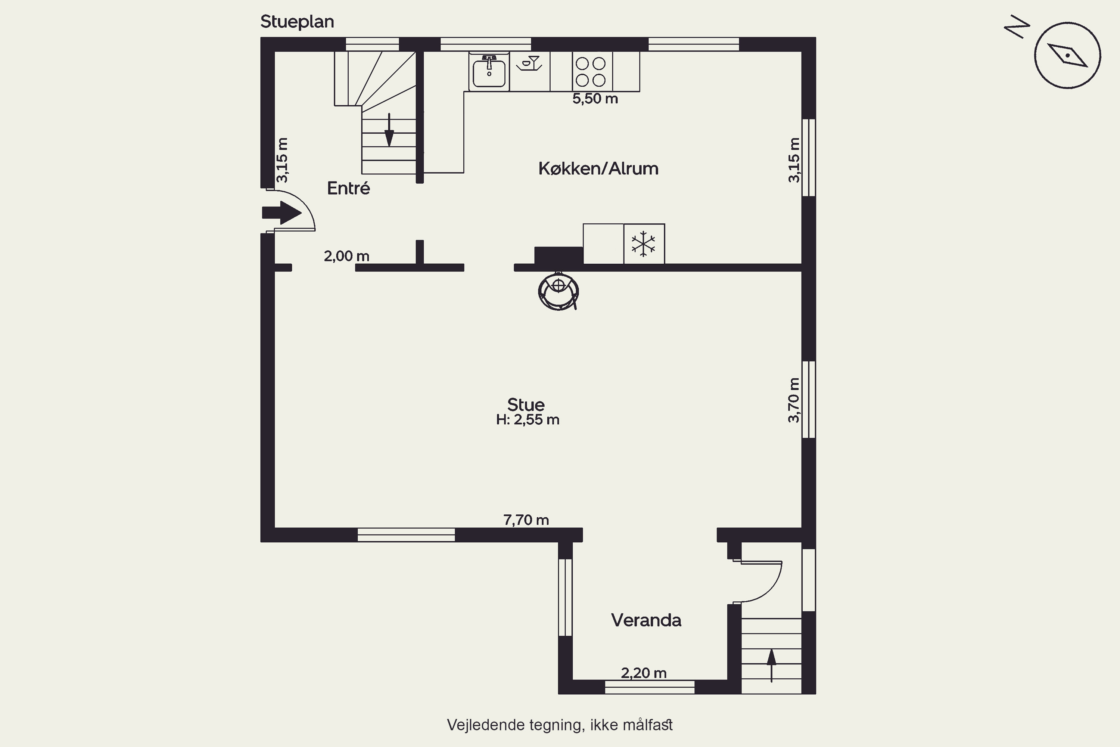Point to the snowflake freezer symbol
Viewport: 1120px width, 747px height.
pos(643,244)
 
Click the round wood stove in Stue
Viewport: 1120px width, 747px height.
pos(558,291)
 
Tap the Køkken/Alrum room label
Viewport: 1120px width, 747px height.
pos(598,169)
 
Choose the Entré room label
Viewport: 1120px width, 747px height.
pos(349,188)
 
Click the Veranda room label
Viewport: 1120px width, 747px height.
pos(646,620)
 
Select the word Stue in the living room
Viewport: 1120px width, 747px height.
pos(526,405)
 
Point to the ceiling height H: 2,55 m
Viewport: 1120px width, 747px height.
pos(528,420)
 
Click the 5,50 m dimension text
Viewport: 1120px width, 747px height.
pos(595,99)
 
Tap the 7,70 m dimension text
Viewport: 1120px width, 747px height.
pos(526,520)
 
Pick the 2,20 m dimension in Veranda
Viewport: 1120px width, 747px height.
pos(644,673)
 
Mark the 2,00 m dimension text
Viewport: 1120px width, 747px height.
pos(347,256)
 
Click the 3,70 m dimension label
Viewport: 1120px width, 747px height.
pos(794,400)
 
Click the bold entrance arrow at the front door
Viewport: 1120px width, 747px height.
pos(281,213)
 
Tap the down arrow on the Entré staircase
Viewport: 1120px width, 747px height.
pos(389,130)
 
